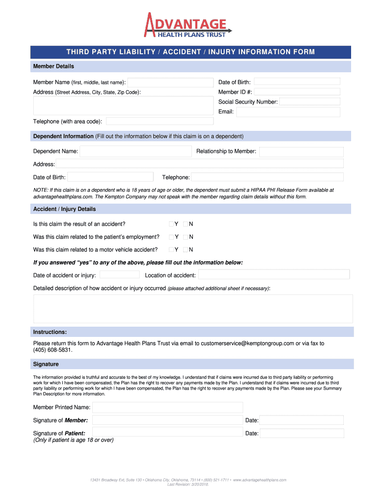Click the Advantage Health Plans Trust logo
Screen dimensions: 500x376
187,25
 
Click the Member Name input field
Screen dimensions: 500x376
170,82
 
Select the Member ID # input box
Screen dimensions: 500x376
297,92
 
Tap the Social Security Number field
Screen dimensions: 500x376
310,102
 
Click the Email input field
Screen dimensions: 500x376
288,112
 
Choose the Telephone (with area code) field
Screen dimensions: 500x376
160,121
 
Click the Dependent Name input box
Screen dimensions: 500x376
136,151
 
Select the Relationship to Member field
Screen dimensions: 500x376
301,151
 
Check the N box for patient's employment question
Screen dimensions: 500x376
186,237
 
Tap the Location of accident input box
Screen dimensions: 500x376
273,275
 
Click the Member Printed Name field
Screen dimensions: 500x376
167,407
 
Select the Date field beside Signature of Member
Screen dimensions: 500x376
301,420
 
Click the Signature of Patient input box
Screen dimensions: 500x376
167,432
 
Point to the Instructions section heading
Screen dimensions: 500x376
50,332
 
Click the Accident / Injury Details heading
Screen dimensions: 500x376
64,209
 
